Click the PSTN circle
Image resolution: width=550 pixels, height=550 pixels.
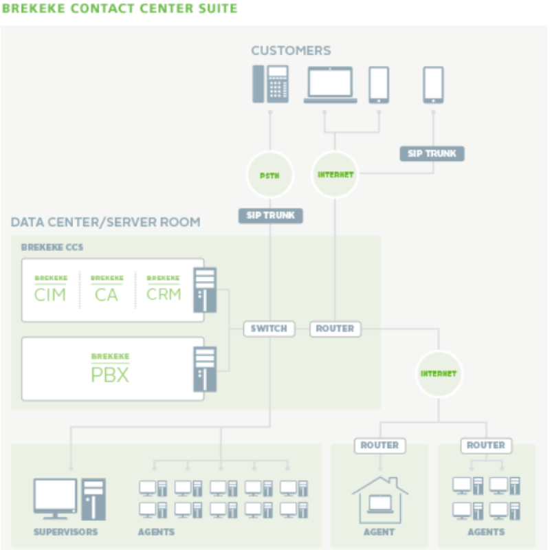269,175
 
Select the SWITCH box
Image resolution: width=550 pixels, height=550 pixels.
269,329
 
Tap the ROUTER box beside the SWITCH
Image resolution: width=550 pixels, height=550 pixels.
335,329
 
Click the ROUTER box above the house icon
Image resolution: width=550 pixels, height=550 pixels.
380,445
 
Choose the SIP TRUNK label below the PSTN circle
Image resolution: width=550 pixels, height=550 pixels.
270,215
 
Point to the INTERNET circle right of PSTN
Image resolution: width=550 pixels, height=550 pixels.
335,175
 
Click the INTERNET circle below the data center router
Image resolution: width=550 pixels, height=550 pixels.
439,373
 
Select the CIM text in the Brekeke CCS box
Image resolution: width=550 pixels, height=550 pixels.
50,295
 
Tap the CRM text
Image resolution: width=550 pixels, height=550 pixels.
164,294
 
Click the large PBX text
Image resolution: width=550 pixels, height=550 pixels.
110,375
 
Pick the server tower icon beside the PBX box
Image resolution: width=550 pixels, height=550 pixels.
205,369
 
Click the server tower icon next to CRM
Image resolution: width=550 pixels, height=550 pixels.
205,290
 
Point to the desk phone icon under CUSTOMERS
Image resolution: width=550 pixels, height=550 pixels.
270,84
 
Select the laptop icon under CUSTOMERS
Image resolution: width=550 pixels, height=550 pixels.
331,85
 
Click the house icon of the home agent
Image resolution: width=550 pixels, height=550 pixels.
380,500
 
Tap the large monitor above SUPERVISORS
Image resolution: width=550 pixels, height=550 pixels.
55,498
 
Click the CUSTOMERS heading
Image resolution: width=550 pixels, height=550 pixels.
291,51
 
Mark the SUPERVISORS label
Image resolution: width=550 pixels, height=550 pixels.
65,532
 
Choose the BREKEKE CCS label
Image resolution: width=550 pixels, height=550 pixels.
52,247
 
